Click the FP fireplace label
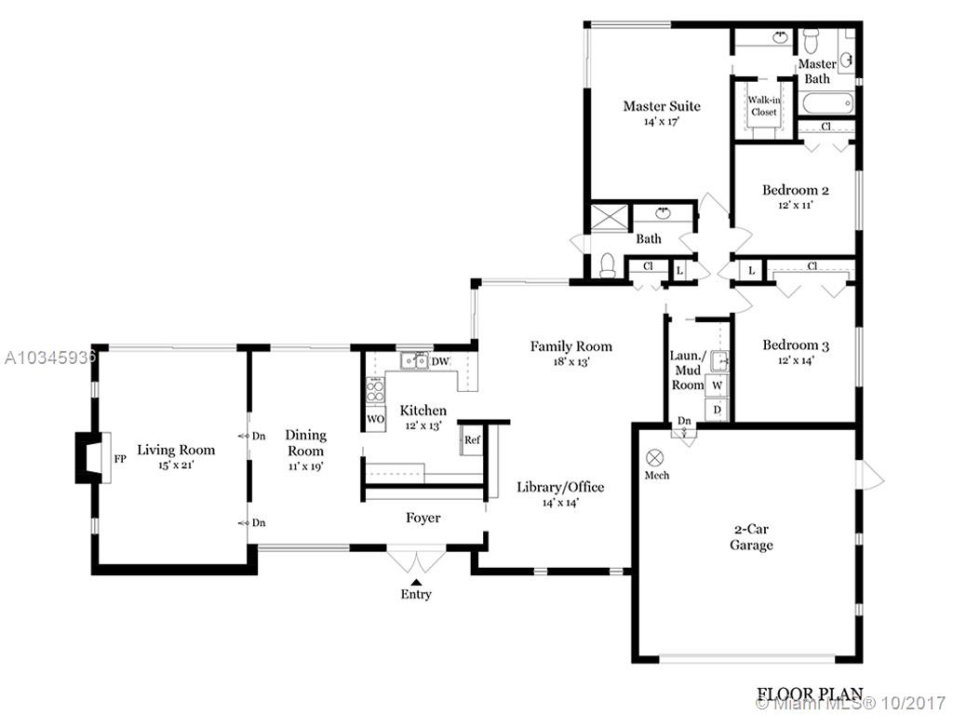[120, 459]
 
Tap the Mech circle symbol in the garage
[655, 458]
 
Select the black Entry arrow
[416, 583]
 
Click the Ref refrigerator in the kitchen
[472, 440]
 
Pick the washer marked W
[718, 385]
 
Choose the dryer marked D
[718, 410]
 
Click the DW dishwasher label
[440, 362]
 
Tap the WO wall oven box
[376, 419]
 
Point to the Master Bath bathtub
[827, 104]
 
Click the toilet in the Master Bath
[811, 42]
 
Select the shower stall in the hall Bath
[611, 217]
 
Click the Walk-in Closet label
[764, 106]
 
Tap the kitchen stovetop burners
[376, 390]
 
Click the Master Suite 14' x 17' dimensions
[662, 122]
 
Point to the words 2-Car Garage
[751, 537]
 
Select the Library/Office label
[560, 487]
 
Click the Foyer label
[423, 518]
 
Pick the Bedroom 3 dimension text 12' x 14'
[796, 360]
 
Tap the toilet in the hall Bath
[608, 265]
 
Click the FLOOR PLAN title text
[810, 694]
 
